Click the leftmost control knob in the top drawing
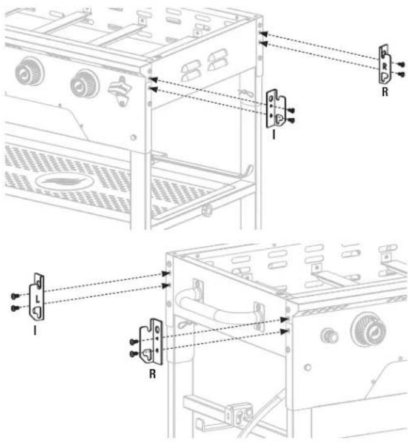[x=30, y=72]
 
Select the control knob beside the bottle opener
[x=85, y=84]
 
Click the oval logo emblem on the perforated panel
[x=65, y=181]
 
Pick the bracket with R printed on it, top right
[x=385, y=64]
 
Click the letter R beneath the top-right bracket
[x=385, y=92]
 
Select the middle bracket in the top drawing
[x=276, y=109]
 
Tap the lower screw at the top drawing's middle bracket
[x=291, y=121]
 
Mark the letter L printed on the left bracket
[x=38, y=299]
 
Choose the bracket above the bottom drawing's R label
[x=152, y=341]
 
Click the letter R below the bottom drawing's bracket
[x=152, y=374]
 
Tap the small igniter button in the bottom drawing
[x=329, y=336]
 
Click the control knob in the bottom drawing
[x=369, y=329]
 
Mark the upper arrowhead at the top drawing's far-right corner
[x=263, y=34]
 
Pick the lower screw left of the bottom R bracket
[x=134, y=354]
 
